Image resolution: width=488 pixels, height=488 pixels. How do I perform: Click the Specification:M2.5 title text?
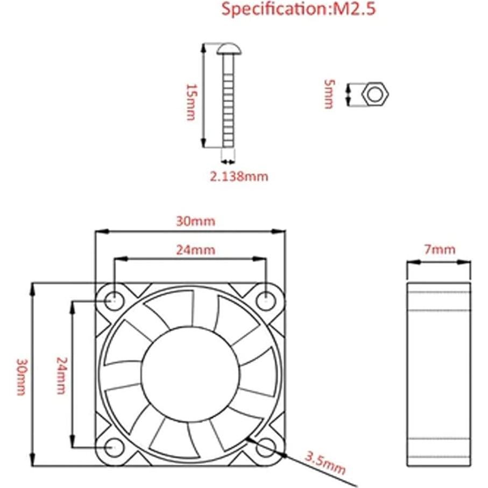(298, 9)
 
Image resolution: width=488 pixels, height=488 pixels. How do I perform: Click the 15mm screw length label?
(190, 102)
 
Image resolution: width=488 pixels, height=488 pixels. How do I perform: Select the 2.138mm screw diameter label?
(239, 176)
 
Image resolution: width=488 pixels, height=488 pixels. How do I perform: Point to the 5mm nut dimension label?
(329, 94)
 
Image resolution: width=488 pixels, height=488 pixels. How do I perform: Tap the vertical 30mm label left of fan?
(20, 377)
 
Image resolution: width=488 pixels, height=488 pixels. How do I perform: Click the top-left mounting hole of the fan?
(114, 300)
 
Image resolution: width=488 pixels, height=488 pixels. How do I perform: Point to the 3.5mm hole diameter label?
(326, 463)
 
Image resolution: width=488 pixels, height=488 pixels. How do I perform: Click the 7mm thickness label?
(440, 249)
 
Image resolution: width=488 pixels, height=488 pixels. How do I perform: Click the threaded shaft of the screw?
(229, 102)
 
